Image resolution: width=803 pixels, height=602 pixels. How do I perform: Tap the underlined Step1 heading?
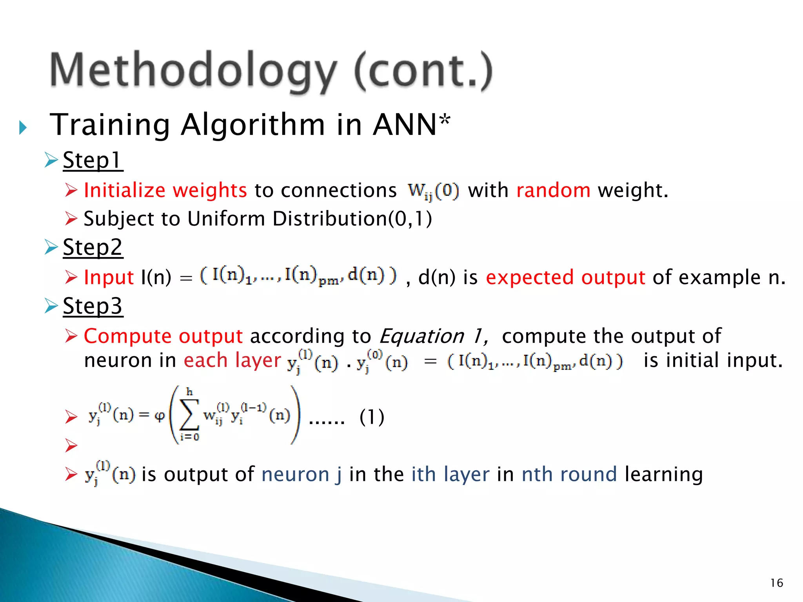[x=93, y=161]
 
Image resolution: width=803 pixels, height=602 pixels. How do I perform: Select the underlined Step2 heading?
[x=93, y=248]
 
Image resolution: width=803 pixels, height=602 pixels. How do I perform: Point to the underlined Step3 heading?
[x=93, y=306]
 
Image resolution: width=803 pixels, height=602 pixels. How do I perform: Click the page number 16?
[x=777, y=583]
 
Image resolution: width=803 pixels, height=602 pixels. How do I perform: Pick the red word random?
[x=553, y=190]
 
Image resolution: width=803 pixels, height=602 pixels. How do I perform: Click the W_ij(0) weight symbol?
[x=433, y=191]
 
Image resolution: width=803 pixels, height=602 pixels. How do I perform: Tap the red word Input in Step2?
[x=109, y=277]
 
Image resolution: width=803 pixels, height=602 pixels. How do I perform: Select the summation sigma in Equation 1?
[x=189, y=415]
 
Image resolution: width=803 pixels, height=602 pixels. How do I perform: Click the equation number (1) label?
[x=372, y=417]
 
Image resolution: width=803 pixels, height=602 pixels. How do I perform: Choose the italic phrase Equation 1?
[x=433, y=336]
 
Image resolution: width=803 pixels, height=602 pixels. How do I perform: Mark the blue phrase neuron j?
[x=301, y=474]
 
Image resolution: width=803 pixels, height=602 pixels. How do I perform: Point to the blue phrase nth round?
[x=569, y=474]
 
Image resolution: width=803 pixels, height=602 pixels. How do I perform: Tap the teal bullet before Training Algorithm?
[x=23, y=127]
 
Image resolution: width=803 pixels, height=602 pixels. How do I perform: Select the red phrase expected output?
[x=565, y=277]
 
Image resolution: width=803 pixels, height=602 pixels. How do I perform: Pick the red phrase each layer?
[x=232, y=360]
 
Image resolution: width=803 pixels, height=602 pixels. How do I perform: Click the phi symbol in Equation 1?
[x=160, y=415]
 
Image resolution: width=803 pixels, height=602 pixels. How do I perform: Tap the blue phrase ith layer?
[x=450, y=474]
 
